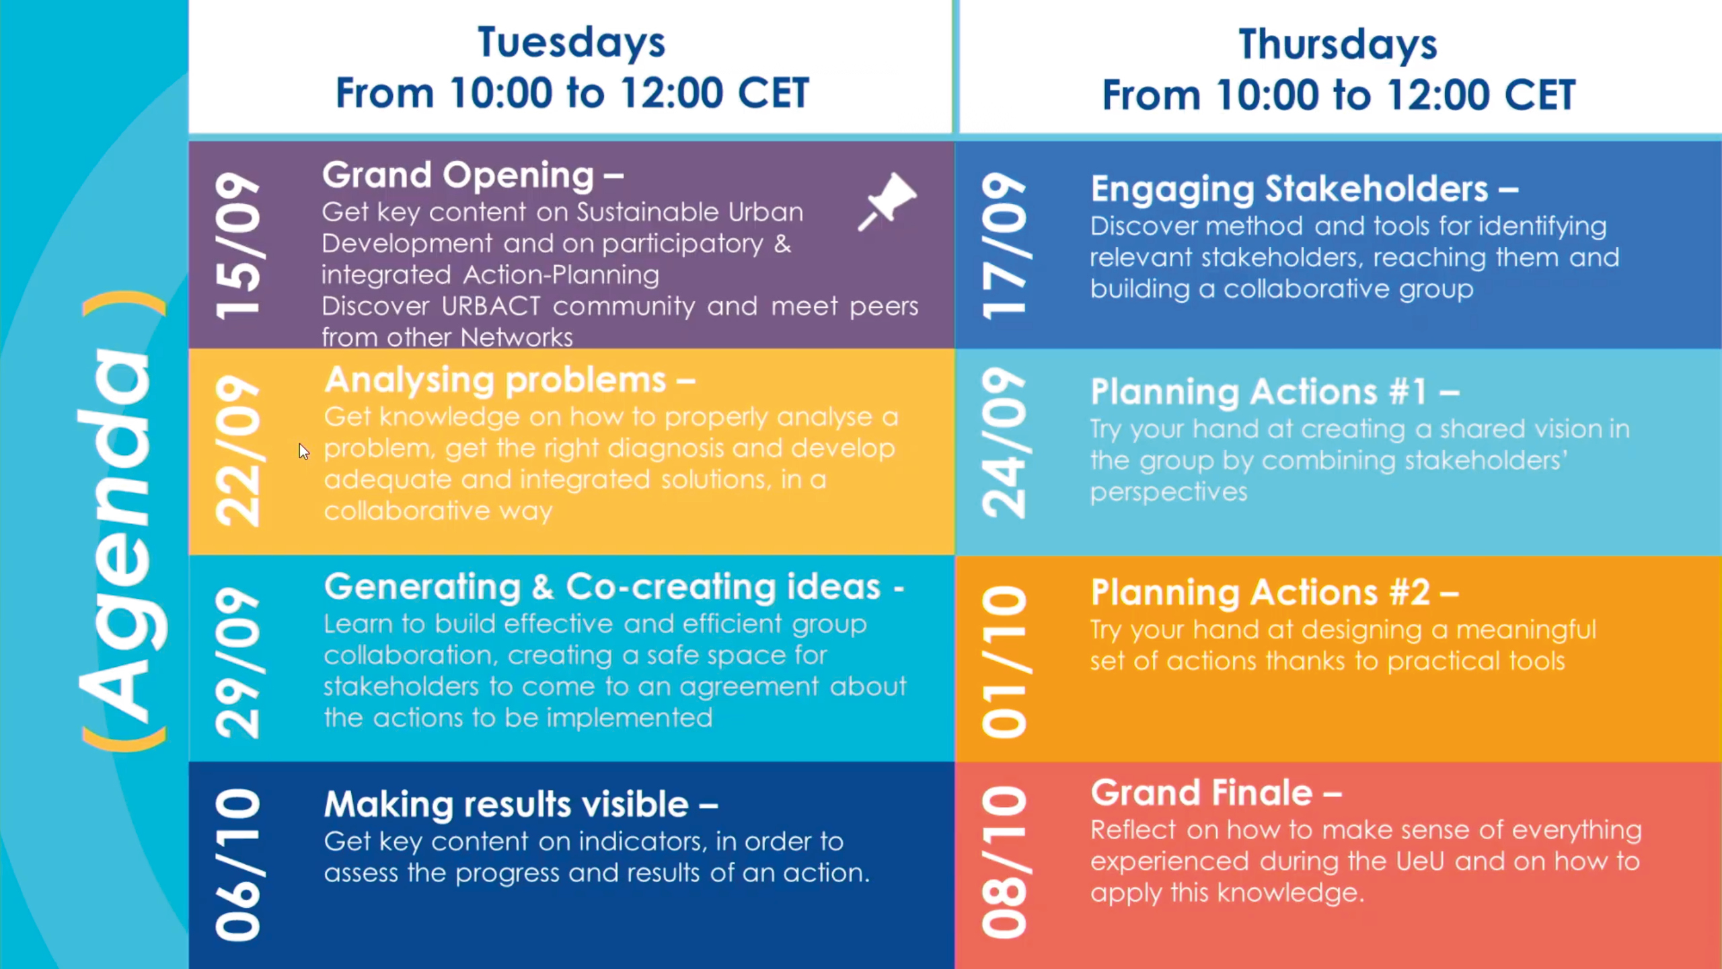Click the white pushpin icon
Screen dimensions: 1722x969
point(887,202)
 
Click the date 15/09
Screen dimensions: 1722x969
point(237,245)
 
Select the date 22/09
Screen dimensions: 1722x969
point(237,451)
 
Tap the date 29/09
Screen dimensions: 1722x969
point(237,663)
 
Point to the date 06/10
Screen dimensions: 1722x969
point(237,865)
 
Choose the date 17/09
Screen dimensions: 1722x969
point(1004,246)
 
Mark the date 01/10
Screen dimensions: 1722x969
point(1004,661)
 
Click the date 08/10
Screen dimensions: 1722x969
point(1004,862)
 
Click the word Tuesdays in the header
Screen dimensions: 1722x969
point(571,42)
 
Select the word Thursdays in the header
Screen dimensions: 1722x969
point(1337,44)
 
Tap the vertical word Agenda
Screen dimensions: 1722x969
point(122,522)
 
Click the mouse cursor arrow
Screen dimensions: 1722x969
point(304,452)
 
